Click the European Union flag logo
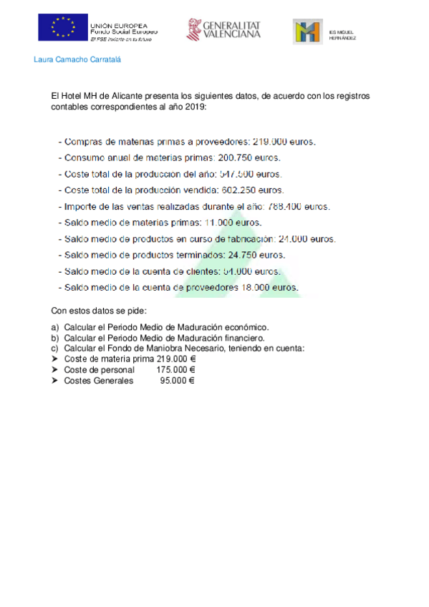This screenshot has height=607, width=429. pyautogui.click(x=63, y=27)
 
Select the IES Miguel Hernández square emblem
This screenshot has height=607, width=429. pyautogui.click(x=307, y=31)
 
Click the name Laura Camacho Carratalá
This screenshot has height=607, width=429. pyautogui.click(x=77, y=59)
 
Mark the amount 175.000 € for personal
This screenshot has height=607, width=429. pyautogui.click(x=175, y=370)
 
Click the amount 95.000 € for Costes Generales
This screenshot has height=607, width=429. pyautogui.click(x=178, y=381)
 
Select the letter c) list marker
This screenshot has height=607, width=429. pyautogui.click(x=54, y=349)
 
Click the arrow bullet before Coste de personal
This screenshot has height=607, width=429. pyautogui.click(x=55, y=370)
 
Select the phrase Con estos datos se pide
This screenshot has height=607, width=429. pyautogui.click(x=99, y=311)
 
